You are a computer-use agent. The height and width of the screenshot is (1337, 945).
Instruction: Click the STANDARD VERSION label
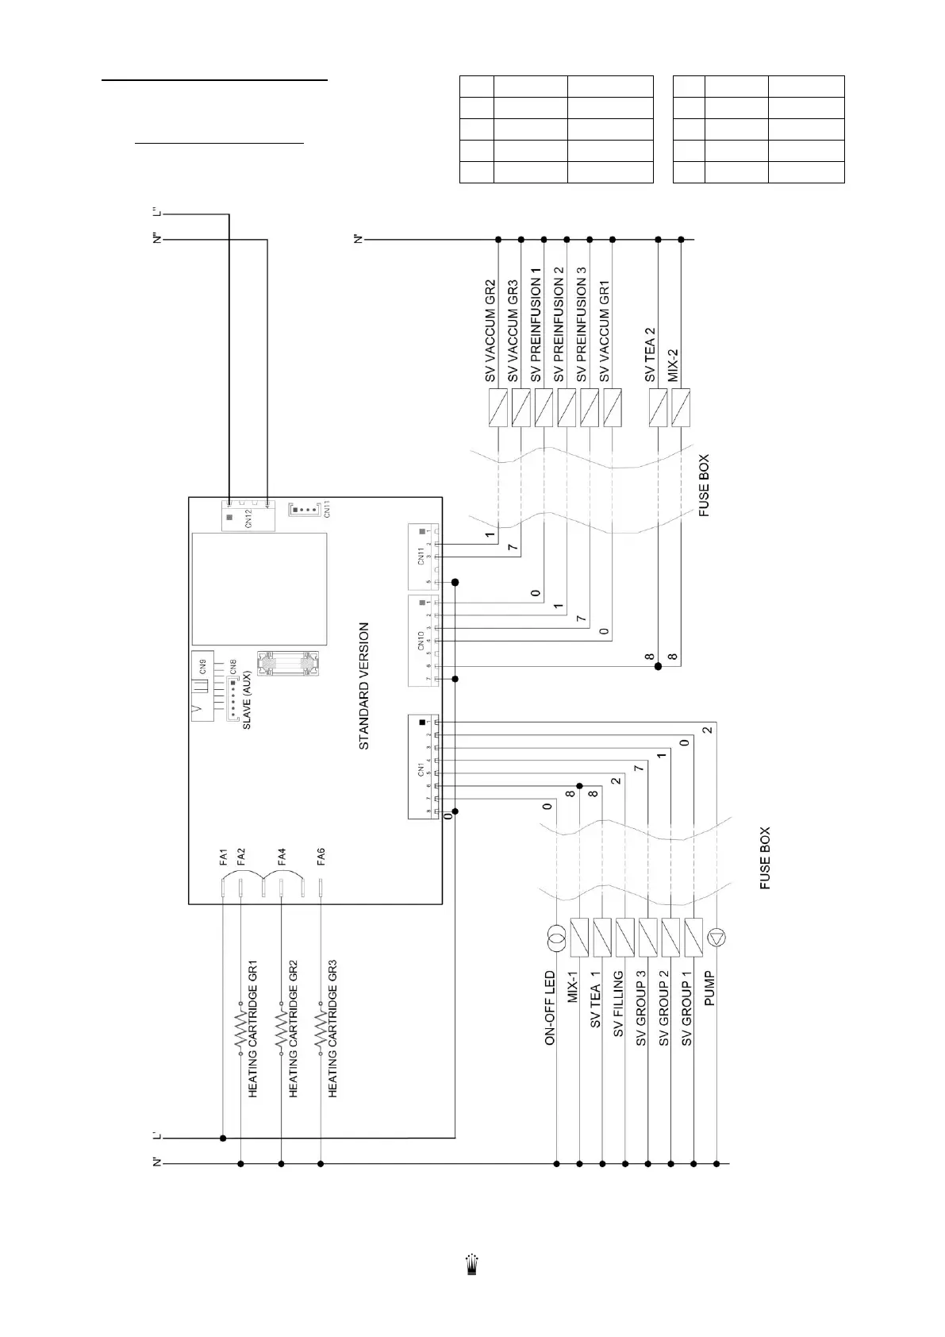click(364, 686)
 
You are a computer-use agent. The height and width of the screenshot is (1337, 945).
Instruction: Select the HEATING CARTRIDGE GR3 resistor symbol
click(321, 1033)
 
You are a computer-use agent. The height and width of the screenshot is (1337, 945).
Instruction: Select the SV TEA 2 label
click(651, 354)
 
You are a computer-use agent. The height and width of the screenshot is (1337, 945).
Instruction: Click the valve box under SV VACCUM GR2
click(497, 408)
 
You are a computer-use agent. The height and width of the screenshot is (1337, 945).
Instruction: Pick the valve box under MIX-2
click(681, 408)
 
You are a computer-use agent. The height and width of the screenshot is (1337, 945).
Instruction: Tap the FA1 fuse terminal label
click(224, 857)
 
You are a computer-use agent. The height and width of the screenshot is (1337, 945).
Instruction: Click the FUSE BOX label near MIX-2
click(704, 486)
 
